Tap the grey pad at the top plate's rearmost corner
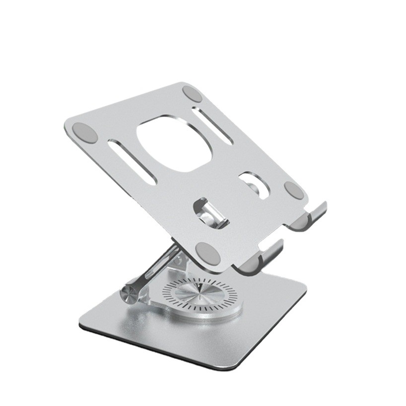coord(192,93)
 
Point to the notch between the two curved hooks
coord(288,233)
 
